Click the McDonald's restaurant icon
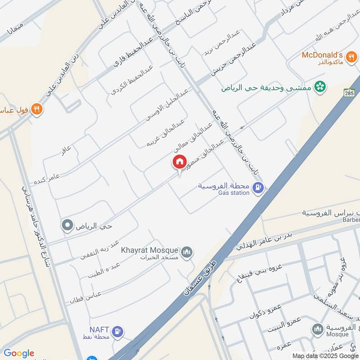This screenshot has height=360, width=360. pyautogui.click(x=349, y=57)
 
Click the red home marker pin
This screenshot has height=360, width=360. pyautogui.click(x=179, y=162)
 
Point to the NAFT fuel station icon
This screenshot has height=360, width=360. pyautogui.click(x=117, y=331)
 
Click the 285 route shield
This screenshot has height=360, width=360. pyautogui.click(x=349, y=93)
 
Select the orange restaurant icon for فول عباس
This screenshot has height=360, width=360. pyautogui.click(x=37, y=109)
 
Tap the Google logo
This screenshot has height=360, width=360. pyautogui.click(x=18, y=353)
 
